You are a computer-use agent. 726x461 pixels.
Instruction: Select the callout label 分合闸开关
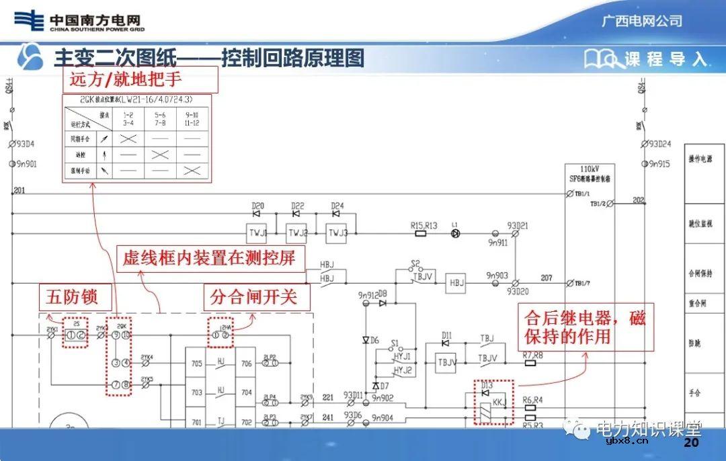257,296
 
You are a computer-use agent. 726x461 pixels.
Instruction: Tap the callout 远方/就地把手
140,79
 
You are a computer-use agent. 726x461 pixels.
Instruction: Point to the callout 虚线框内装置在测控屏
209,257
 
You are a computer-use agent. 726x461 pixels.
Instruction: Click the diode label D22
298,206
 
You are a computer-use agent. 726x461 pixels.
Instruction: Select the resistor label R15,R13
424,226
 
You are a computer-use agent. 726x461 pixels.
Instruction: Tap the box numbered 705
196,364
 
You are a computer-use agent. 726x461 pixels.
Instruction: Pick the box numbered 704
246,392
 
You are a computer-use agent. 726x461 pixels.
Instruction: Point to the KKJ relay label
499,401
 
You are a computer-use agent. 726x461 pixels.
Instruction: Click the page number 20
691,444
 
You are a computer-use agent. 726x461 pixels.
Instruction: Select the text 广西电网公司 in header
641,21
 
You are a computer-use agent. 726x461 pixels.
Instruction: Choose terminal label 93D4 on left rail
26,143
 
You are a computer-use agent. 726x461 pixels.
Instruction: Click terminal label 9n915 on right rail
659,164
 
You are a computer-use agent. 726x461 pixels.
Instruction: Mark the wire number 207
546,278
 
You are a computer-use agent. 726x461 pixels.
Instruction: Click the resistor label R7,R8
532,355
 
